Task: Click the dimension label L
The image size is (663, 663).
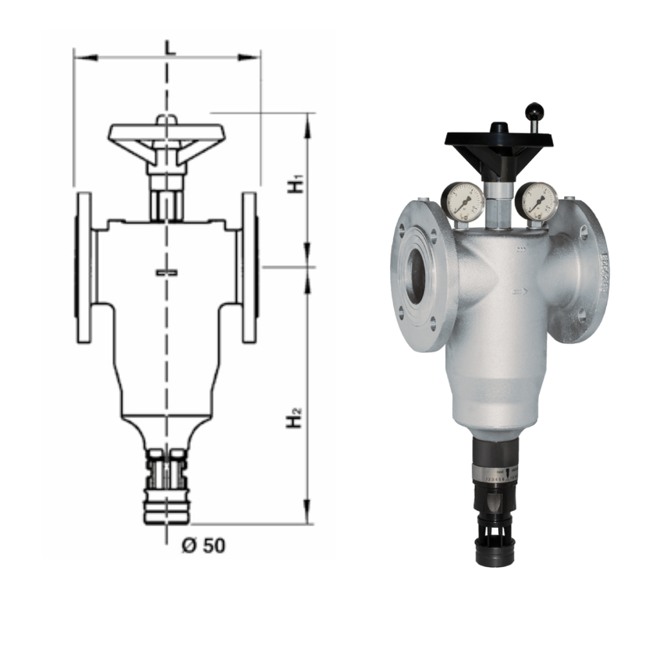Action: pos(169,47)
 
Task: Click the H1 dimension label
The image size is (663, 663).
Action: pos(296,185)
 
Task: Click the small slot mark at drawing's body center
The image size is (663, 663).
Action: pos(167,272)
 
